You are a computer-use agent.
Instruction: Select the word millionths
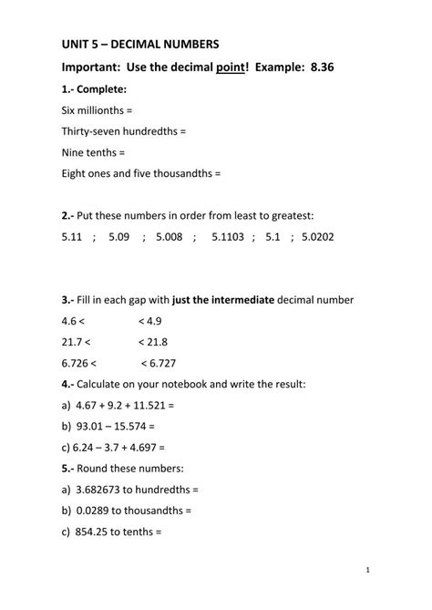point(107,110)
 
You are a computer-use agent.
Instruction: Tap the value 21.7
point(73,342)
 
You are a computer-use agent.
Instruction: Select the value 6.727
point(160,363)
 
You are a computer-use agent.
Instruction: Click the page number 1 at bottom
point(366,569)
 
